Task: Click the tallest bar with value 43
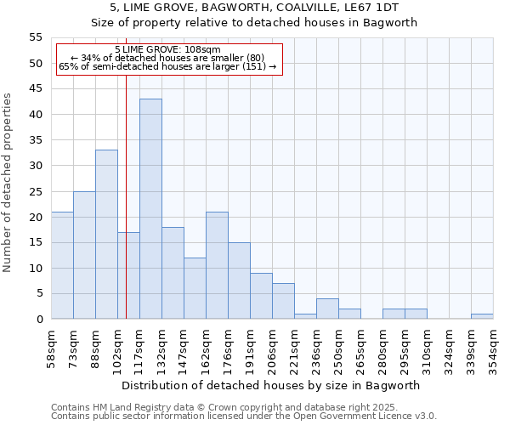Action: point(150,209)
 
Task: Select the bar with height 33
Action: point(106,235)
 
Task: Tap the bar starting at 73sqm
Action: point(84,255)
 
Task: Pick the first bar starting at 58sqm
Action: point(62,265)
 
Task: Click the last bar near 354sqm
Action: point(482,316)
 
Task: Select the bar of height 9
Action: point(261,296)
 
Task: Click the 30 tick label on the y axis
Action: point(36,166)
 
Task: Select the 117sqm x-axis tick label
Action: point(139,349)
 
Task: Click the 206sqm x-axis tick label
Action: point(272,349)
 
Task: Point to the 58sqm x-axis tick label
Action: point(51,348)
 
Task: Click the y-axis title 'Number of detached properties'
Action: point(8,182)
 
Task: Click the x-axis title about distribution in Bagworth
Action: point(272,385)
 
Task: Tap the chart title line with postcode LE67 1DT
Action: point(255,8)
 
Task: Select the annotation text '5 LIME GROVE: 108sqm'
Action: point(167,49)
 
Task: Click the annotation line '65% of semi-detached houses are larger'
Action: point(167,66)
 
